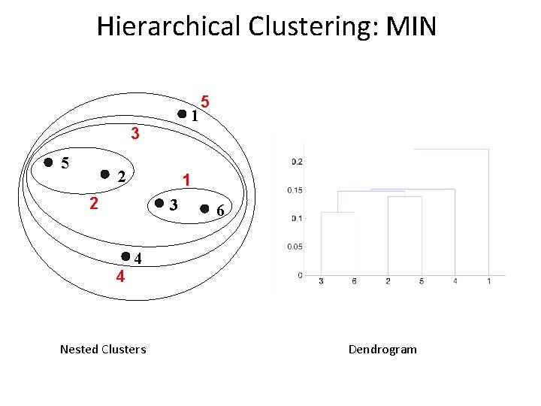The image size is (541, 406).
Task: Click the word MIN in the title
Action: tap(410, 27)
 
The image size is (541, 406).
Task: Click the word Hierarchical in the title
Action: tap(168, 27)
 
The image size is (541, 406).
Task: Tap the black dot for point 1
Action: tap(182, 114)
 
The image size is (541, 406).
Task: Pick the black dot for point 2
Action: tap(105, 174)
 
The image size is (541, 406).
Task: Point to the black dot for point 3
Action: tap(159, 204)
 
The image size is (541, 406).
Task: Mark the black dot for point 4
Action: tap(125, 256)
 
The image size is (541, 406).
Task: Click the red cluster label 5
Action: tap(205, 101)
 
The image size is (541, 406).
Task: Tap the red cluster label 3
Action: tap(134, 135)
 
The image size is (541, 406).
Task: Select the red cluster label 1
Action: tap(186, 180)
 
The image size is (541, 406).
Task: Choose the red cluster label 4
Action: tap(119, 276)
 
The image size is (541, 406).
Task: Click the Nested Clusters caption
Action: tap(103, 349)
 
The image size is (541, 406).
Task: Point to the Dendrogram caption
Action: tap(382, 349)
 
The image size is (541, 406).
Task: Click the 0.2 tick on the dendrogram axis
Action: tap(297, 161)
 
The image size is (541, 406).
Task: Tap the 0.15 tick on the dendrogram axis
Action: tap(295, 190)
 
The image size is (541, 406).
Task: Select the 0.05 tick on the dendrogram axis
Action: tap(295, 247)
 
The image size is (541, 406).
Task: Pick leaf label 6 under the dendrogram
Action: tap(354, 281)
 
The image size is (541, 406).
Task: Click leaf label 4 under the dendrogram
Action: tap(455, 281)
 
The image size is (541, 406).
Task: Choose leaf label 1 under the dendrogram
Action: tap(489, 281)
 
